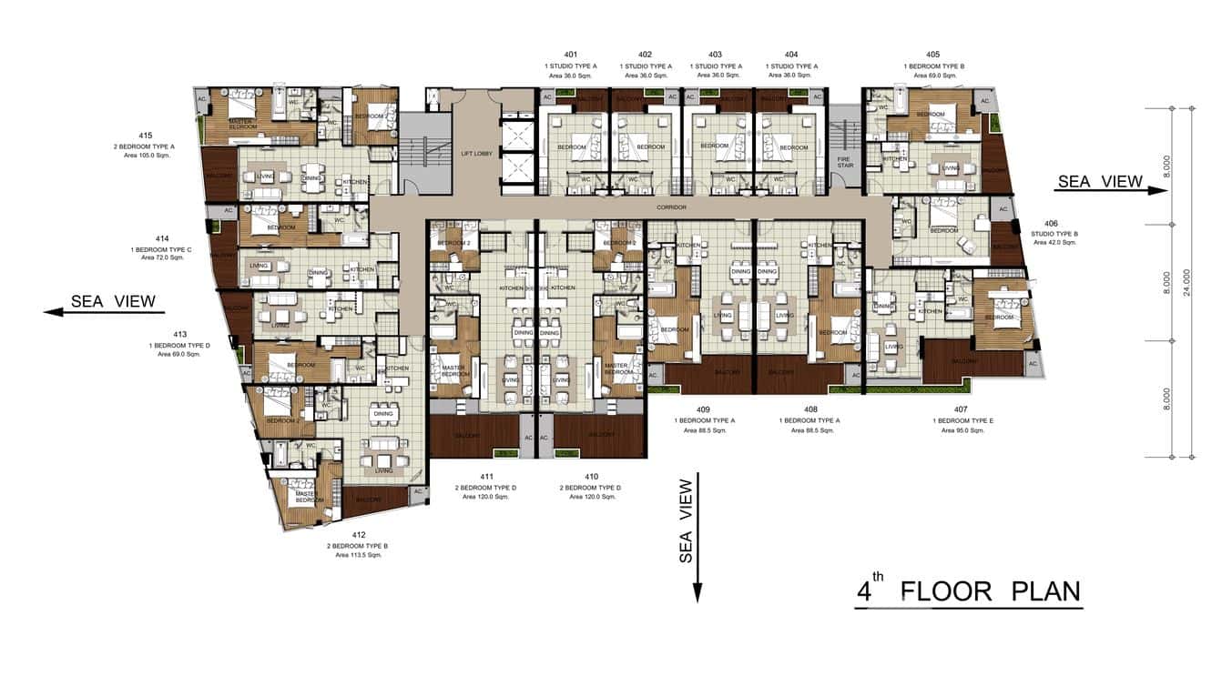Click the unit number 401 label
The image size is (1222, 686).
(x=570, y=55)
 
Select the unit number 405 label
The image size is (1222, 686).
(x=932, y=55)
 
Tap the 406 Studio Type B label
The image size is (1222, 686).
(x=1051, y=224)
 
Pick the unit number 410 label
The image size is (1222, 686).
(x=591, y=477)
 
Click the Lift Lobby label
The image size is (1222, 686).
(x=476, y=153)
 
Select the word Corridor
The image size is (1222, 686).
(x=670, y=207)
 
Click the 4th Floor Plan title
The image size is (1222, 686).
(x=969, y=592)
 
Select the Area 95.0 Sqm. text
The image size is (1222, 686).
(x=962, y=430)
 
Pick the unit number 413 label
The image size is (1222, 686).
(x=179, y=333)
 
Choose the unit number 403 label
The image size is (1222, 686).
(x=715, y=55)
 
